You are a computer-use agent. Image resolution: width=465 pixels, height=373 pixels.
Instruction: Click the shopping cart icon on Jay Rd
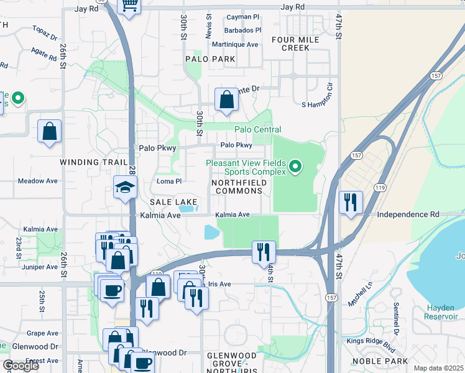130,5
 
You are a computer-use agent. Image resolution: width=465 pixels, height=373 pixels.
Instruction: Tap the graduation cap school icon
125,186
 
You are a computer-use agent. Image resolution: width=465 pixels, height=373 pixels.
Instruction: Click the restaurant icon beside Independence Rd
350,203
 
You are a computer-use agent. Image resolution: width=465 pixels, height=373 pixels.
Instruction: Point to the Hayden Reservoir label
445,312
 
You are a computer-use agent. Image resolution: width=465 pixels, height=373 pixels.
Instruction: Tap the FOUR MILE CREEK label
295,44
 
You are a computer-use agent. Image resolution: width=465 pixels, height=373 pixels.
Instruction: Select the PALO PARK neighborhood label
210,59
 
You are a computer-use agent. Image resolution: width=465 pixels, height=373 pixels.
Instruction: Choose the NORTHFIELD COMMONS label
240,186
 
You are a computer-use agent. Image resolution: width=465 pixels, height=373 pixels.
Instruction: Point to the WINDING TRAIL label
88,162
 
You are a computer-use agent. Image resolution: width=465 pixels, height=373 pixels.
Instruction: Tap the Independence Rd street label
408,214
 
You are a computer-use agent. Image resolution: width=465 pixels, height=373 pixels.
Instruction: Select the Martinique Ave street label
235,45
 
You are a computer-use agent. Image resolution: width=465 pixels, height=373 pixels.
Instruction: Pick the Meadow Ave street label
37,181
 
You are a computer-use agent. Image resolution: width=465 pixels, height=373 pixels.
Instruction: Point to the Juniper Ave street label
39,267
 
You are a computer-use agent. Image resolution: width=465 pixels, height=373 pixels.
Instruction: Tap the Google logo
21,366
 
